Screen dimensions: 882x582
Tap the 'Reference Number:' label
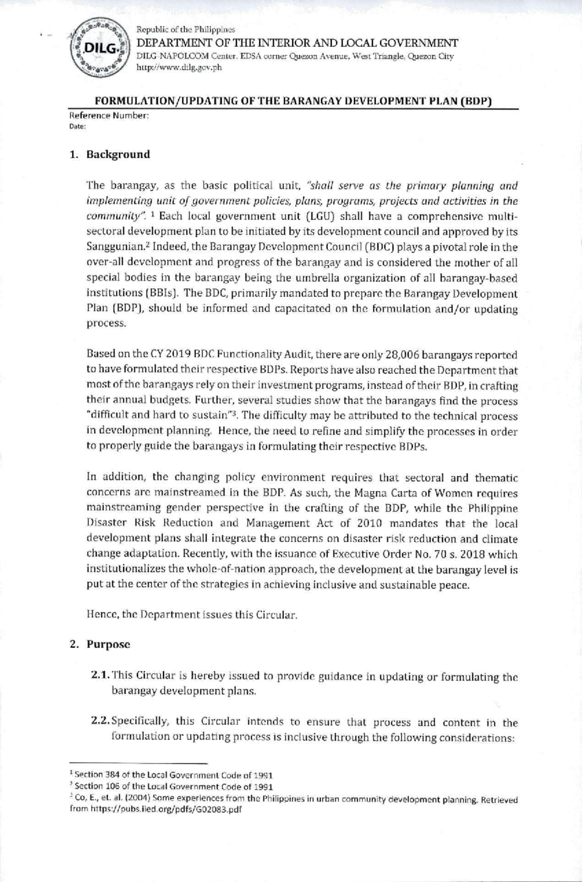tap(109, 116)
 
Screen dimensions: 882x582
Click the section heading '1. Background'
tap(110, 155)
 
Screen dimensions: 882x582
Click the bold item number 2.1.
tap(100, 676)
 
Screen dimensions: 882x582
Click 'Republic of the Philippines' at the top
tap(185, 31)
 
